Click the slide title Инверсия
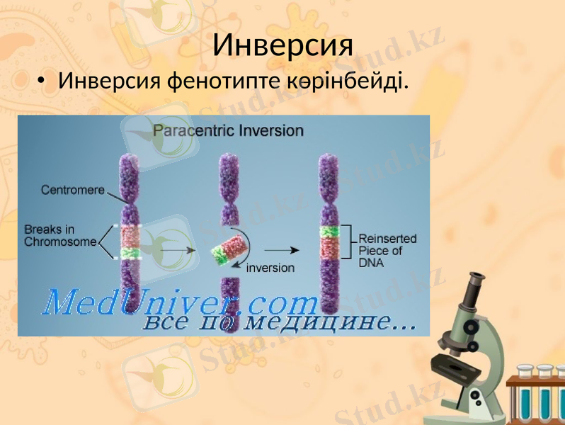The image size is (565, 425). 282,45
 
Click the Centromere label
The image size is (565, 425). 73,190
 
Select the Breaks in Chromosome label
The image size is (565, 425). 60,236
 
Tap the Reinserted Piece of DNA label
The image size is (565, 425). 387,250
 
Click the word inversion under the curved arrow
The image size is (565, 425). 270,268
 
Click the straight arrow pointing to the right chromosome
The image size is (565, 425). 282,250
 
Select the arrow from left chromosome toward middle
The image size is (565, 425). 177,250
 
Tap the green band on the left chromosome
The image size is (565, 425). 130,252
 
